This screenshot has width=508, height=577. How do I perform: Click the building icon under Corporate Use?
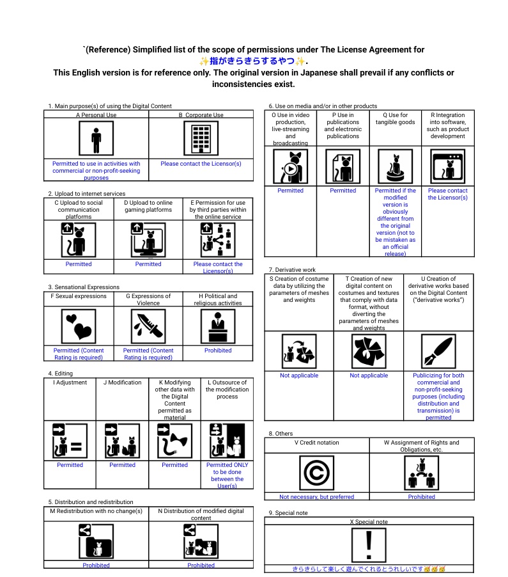click(x=201, y=138)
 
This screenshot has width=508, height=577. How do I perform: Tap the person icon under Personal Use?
click(x=96, y=138)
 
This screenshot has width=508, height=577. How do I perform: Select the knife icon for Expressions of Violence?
click(x=148, y=326)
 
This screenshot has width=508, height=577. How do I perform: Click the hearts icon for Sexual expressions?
click(x=79, y=326)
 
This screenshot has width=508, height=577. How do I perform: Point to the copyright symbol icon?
click(x=316, y=473)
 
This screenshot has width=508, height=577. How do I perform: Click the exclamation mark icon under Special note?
click(x=369, y=545)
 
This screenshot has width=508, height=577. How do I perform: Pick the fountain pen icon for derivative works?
click(x=438, y=351)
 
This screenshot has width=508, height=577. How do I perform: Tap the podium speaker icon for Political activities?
click(x=218, y=326)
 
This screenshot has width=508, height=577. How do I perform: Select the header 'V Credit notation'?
click(x=317, y=442)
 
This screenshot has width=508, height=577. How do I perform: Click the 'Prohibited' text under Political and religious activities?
click(x=218, y=351)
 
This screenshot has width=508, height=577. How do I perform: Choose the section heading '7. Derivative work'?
click(x=292, y=270)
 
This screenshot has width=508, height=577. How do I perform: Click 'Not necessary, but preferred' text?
click(x=316, y=496)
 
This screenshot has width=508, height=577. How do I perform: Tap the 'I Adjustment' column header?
click(x=70, y=383)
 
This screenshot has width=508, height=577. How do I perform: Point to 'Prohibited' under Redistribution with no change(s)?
click(x=96, y=565)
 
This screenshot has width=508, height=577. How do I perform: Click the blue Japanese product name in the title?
click(x=253, y=61)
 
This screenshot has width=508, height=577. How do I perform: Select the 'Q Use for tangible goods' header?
click(x=395, y=119)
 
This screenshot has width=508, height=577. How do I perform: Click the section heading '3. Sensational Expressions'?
click(x=84, y=287)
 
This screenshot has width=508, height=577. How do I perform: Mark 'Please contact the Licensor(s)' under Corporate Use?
click(x=201, y=164)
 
